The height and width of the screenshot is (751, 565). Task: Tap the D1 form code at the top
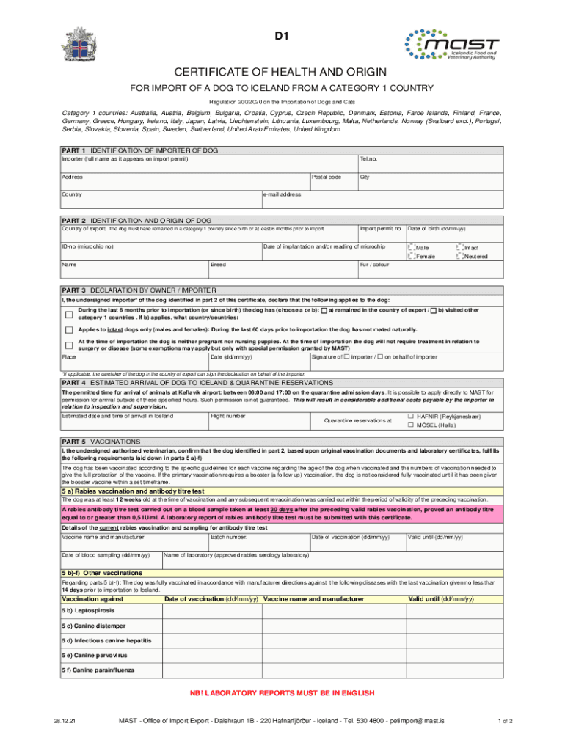(282, 35)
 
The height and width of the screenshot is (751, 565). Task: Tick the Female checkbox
(411, 257)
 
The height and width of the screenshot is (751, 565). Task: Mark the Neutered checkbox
(460, 257)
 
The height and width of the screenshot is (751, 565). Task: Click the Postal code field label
(326, 177)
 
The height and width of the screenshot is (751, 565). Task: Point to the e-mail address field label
(282, 194)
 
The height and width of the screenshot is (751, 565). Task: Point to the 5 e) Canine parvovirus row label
(95, 655)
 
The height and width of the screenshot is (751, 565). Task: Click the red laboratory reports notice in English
(282, 692)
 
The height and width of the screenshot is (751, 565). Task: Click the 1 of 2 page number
(505, 721)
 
